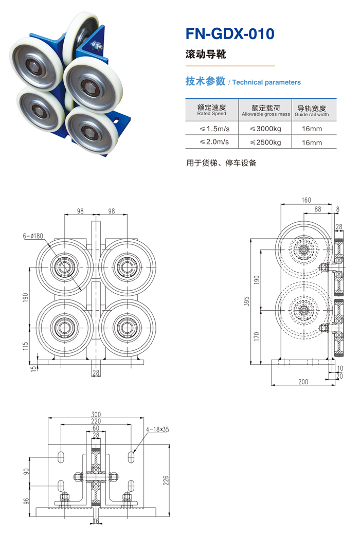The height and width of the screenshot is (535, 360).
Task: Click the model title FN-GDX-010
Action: click(230, 34)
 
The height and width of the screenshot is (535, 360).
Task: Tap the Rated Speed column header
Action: click(211, 110)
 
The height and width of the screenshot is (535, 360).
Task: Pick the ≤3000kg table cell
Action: click(265, 128)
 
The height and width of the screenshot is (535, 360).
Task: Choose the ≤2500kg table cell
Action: click(265, 142)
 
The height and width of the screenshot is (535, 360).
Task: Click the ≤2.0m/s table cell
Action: click(211, 142)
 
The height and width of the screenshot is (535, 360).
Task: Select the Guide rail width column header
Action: click(312, 110)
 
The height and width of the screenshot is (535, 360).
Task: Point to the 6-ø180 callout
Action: click(33, 236)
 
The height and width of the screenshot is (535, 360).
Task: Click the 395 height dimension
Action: click(247, 299)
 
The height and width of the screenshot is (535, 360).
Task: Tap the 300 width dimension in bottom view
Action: click(96, 414)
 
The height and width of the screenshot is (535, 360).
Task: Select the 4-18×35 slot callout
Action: click(157, 429)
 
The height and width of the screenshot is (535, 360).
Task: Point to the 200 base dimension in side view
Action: click(303, 382)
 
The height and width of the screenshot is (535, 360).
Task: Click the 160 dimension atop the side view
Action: click(307, 200)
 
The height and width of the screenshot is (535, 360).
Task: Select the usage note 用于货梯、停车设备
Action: click(221, 163)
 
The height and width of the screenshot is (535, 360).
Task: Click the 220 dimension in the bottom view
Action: click(96, 421)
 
